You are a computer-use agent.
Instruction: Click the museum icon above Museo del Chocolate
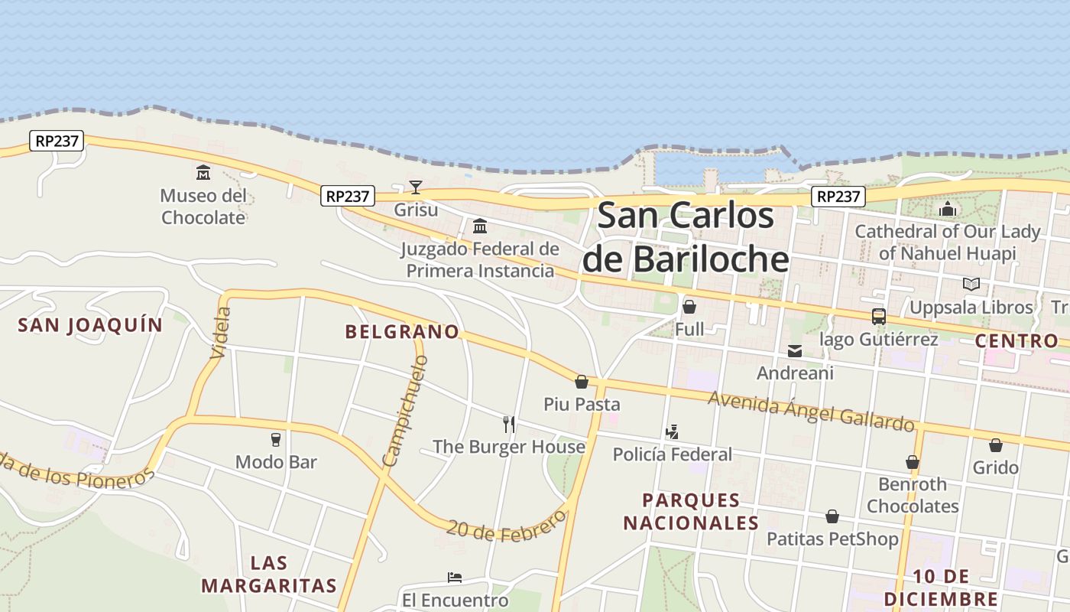pos(203,172)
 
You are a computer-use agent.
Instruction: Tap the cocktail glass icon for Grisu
pos(416,187)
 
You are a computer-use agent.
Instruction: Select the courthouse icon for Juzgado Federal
pos(480,226)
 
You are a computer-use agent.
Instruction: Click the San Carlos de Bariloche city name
pos(686,237)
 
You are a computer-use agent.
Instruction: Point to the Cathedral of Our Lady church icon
pos(948,208)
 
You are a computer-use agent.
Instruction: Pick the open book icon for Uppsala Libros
pos(971,285)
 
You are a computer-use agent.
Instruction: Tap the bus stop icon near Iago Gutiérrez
pos(879,317)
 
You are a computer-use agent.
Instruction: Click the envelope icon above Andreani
pos(795,351)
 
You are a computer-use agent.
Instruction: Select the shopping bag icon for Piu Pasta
pos(582,382)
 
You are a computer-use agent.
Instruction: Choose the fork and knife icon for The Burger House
pos(509,424)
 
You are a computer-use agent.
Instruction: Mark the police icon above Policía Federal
pos(673,432)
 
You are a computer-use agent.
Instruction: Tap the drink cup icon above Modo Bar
pos(276,439)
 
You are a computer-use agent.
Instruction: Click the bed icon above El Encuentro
pos(455,577)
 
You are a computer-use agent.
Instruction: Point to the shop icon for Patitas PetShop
pos(832,517)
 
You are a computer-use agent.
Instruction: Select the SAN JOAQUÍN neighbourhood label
pos(90,325)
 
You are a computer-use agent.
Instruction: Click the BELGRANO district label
pos(402,331)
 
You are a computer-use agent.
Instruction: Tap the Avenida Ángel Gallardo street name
pos(811,411)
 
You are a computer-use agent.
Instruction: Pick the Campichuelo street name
pos(406,410)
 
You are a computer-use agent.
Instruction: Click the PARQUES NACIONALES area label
pos(691,512)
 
